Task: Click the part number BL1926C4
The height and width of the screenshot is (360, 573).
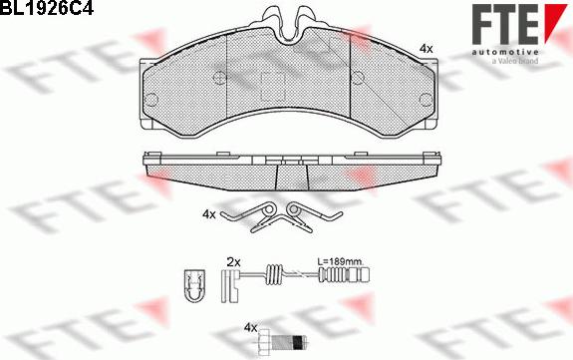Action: pos(47,7)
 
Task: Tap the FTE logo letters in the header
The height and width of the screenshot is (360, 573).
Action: pos(505,25)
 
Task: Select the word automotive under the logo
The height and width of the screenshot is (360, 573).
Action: pos(505,53)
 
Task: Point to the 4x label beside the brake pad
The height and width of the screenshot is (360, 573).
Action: pos(427,48)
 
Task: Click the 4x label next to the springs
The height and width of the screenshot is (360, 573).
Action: pos(209,214)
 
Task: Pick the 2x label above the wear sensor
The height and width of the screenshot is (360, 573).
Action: pos(234,262)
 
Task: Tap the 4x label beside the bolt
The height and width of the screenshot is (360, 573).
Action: pos(251,328)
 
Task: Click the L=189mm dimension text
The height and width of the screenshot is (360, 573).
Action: pos(340,262)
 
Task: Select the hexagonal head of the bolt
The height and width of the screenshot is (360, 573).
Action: pos(264,342)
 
